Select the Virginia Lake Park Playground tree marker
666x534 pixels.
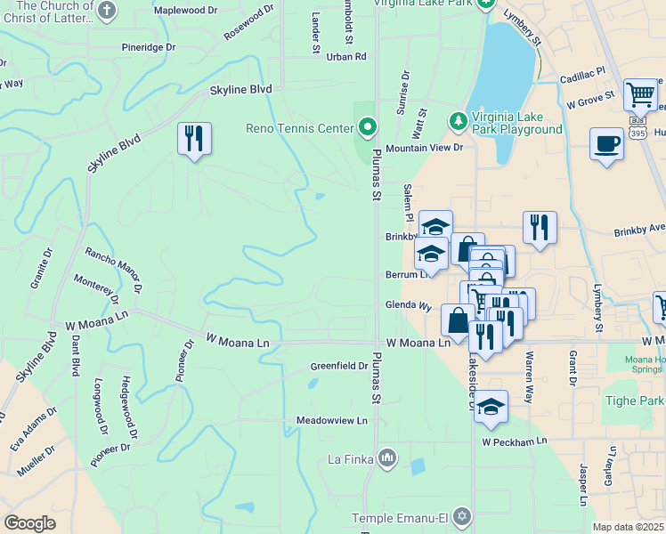coord(458,120)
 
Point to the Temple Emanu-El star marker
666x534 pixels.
coord(461,517)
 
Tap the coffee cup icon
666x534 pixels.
coord(606,144)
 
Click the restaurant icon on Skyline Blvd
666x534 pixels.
coord(194,139)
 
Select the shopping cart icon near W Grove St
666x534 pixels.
coord(640,93)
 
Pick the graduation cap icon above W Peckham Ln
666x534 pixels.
coord(491,408)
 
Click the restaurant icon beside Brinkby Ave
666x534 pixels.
coord(540,228)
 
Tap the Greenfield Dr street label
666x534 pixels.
coord(339,366)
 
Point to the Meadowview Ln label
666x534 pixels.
coord(331,420)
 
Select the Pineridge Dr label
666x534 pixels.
coord(149,47)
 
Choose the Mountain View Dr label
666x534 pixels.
coord(425,148)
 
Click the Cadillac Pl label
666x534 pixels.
coord(582,76)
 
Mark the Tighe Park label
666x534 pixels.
coord(635,400)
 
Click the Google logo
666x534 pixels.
coord(29,522)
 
